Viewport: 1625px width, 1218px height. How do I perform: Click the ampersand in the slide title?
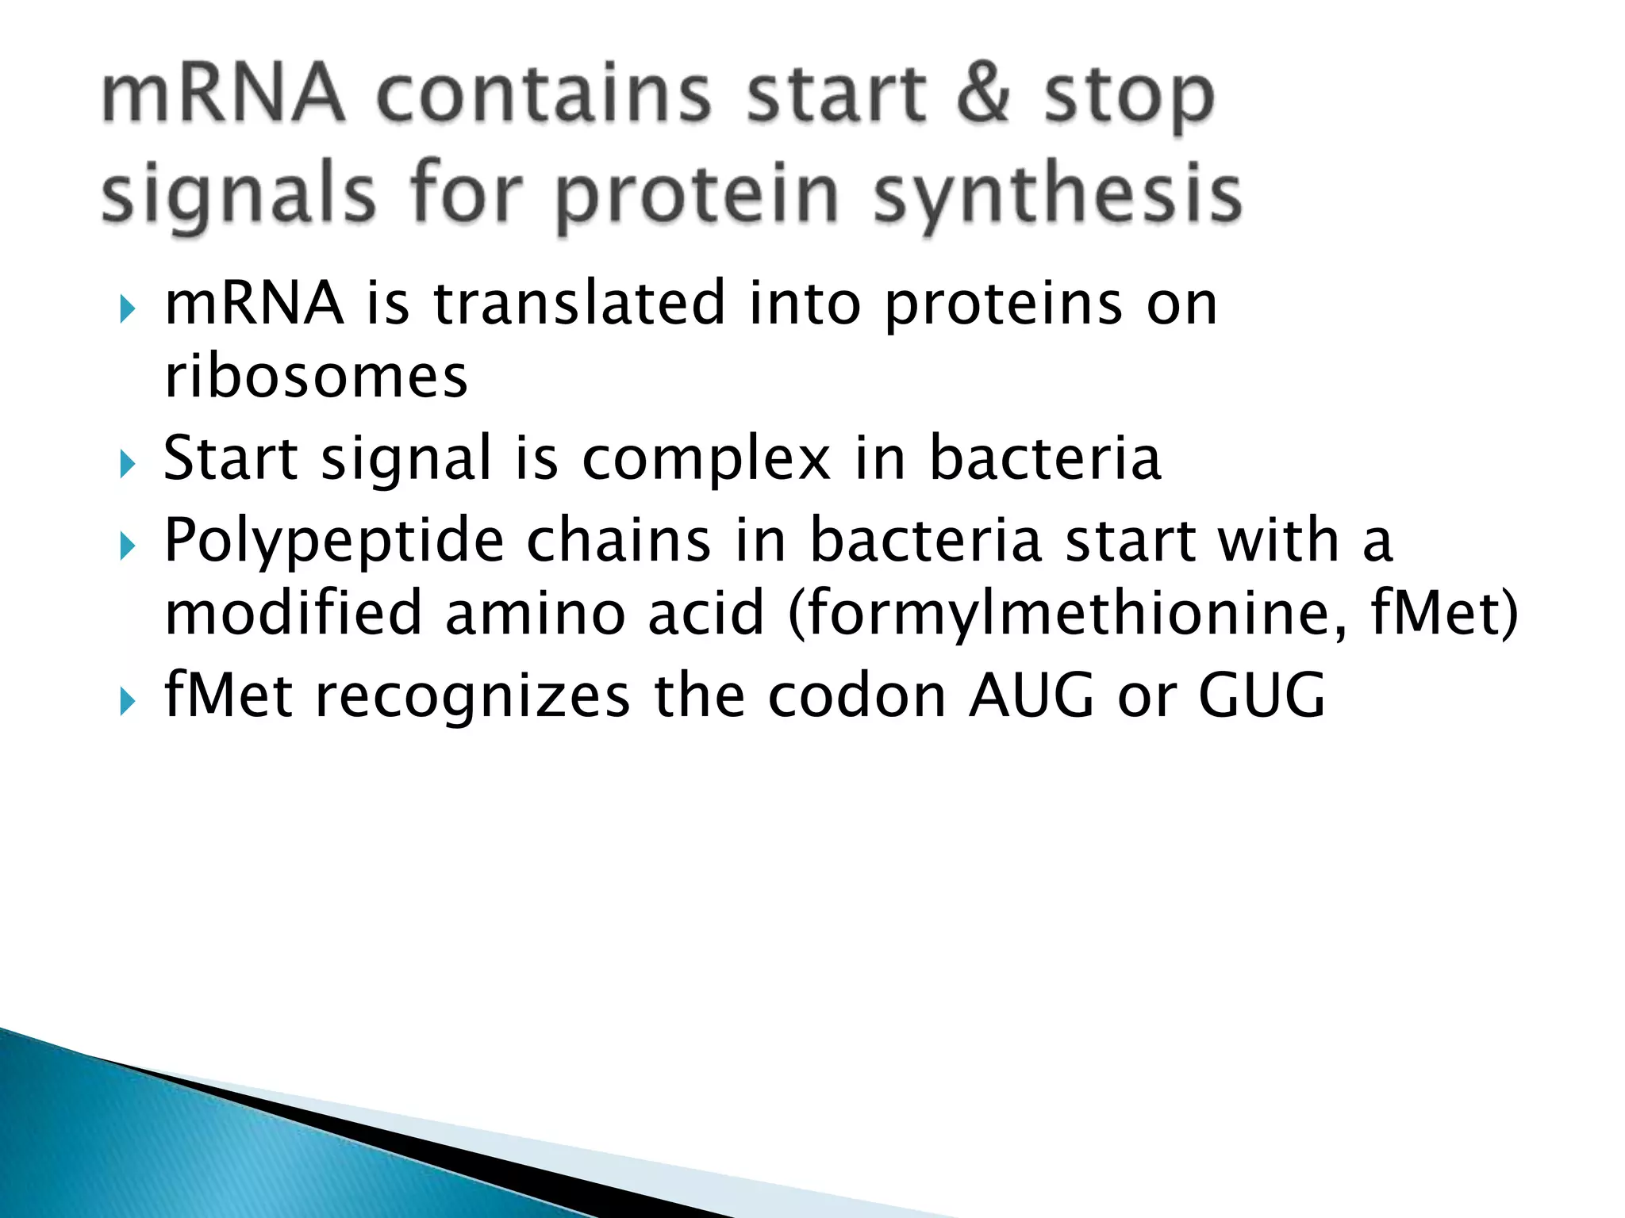tap(983, 95)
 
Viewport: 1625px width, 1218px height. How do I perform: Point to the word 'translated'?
tap(579, 303)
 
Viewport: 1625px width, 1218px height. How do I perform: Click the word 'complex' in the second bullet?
tap(706, 458)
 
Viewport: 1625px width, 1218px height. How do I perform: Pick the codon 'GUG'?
tap(1261, 695)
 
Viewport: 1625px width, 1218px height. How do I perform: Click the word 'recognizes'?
tap(472, 695)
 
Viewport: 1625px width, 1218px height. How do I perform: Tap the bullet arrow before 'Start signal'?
tap(127, 465)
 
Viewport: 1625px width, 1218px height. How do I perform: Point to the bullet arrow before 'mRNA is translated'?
tap(127, 309)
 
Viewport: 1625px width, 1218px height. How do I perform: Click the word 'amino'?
tap(536, 614)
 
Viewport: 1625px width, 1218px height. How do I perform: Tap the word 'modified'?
tap(293, 614)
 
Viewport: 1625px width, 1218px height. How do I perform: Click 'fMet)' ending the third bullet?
tap(1443, 614)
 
